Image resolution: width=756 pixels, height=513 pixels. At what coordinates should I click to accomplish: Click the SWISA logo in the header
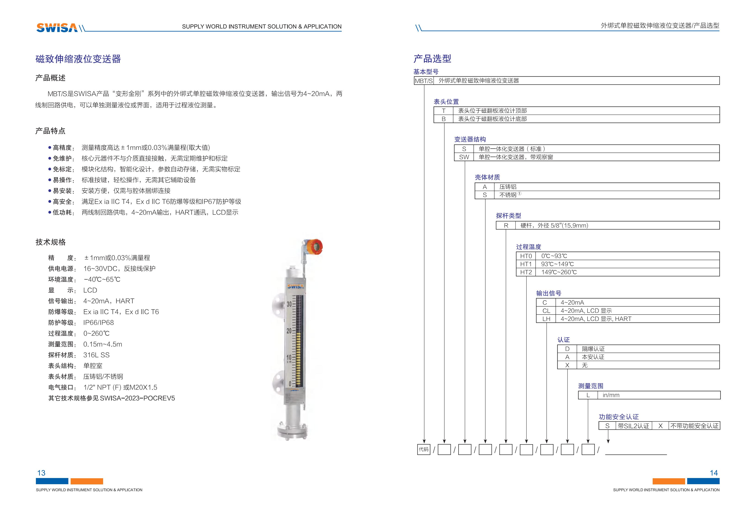pyautogui.click(x=57, y=28)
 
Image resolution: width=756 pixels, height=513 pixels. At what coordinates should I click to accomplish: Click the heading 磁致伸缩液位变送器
pyautogui.click(x=78, y=59)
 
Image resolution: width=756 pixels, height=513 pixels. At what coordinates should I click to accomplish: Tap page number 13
pyautogui.click(x=41, y=473)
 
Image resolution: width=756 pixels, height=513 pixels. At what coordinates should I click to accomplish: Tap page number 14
pyautogui.click(x=713, y=473)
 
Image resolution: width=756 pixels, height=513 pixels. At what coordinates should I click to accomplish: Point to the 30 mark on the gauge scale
pyautogui.click(x=289, y=304)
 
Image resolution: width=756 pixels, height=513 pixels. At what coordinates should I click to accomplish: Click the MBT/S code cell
pyautogui.click(x=424, y=81)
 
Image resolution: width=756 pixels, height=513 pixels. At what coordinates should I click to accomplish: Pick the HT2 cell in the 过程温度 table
pyautogui.click(x=526, y=272)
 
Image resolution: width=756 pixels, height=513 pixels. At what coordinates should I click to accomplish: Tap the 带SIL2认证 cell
pyautogui.click(x=633, y=426)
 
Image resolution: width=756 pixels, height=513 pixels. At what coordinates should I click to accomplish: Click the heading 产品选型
pyautogui.click(x=432, y=59)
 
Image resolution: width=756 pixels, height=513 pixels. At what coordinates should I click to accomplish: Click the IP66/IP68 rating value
pyautogui.click(x=99, y=323)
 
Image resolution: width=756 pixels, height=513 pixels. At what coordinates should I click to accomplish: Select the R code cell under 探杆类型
pyautogui.click(x=506, y=225)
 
